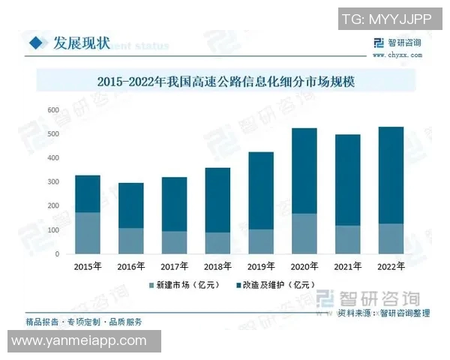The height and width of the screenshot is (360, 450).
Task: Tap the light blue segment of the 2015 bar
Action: coord(87,232)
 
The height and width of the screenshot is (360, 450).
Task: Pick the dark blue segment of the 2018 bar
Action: coord(217,199)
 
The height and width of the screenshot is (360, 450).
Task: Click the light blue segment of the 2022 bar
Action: coord(391,238)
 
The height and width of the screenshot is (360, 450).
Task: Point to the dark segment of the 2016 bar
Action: coord(130,205)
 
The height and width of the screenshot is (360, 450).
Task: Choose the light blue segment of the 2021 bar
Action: coord(347,239)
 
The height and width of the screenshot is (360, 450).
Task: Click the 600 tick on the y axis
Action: coord(53,110)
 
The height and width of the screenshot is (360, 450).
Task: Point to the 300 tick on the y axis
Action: coord(53,182)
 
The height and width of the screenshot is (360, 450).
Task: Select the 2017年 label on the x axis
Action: coord(174,266)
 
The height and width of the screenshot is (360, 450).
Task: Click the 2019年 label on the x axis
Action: coord(261,266)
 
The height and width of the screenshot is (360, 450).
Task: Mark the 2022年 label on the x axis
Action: coord(391,266)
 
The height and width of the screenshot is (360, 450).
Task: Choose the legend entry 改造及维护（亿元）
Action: coord(277,286)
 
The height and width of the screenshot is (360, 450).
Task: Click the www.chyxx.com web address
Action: coord(394,55)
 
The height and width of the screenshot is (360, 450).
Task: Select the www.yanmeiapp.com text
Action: coord(78,341)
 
